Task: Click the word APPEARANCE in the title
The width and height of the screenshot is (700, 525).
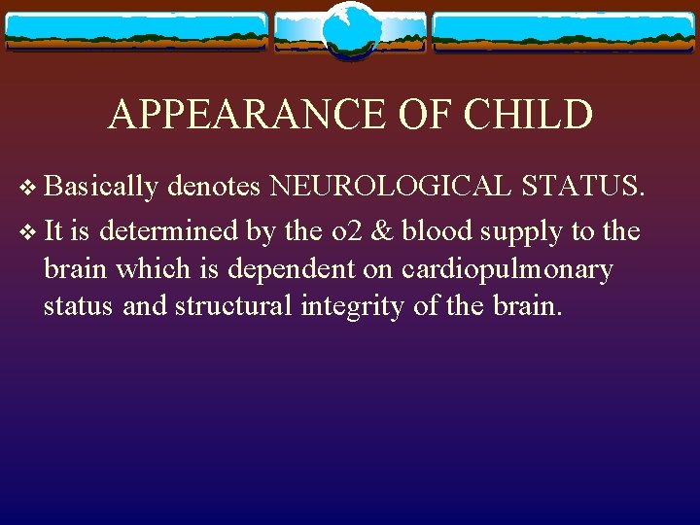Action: click(x=248, y=114)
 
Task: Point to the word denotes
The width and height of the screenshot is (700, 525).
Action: click(x=216, y=185)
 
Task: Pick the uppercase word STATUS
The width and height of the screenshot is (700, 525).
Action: click(x=581, y=185)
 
